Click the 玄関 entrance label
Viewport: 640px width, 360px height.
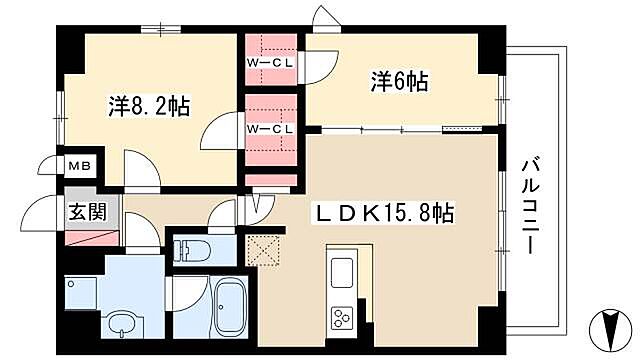click(x=81, y=211)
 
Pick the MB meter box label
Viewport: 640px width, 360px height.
click(x=78, y=165)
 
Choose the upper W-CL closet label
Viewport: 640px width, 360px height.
click(x=270, y=62)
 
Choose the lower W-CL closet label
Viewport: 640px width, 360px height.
click(x=270, y=128)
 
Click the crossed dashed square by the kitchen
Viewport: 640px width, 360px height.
click(x=262, y=248)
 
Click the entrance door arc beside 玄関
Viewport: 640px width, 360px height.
click(x=43, y=212)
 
